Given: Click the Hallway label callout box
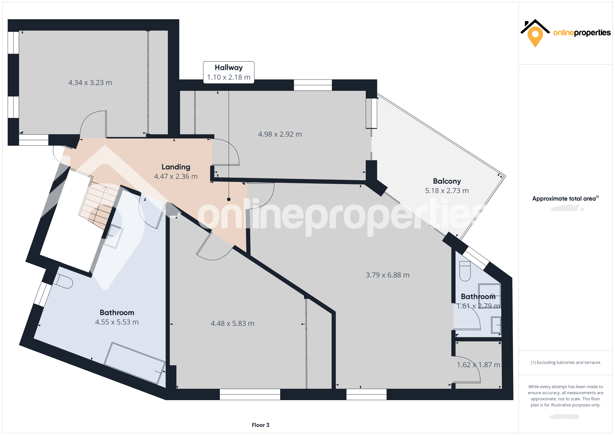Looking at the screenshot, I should (229, 72).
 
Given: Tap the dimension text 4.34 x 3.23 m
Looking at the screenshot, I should (90, 82).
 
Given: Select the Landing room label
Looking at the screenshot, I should (176, 167).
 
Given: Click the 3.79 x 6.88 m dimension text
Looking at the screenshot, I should (387, 275).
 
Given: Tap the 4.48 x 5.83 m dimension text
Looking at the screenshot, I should (232, 324).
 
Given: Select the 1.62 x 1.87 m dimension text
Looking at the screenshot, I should (478, 365).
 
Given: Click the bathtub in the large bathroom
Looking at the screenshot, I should (134, 363).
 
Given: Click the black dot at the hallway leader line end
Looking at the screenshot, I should (229, 199).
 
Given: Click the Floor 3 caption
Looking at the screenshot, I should (260, 425).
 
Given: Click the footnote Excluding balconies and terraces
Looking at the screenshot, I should (565, 362).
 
